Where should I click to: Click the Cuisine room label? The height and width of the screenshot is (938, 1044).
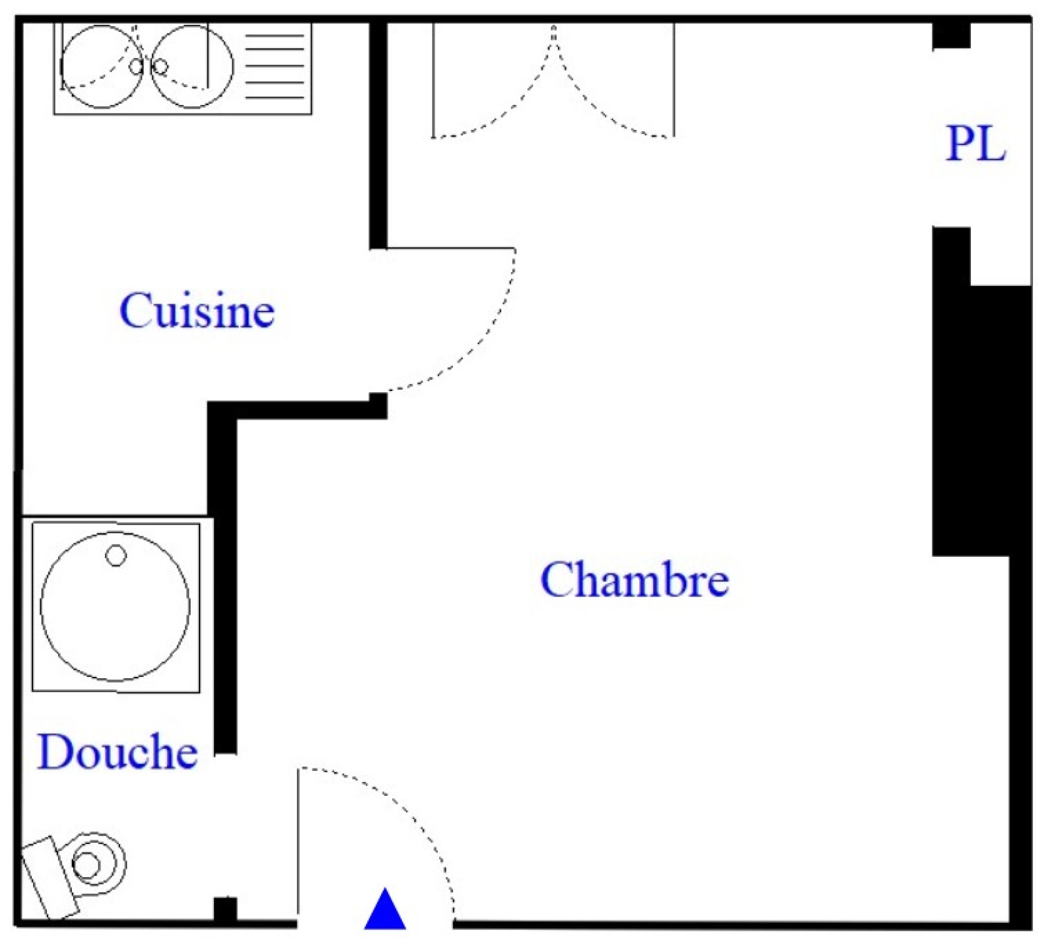(197, 311)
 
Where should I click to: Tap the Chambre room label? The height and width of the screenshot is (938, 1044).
(634, 580)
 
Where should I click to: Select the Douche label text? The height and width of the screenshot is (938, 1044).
(117, 752)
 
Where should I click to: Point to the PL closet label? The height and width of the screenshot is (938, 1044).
(976, 144)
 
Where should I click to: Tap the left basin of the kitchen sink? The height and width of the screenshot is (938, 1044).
(102, 67)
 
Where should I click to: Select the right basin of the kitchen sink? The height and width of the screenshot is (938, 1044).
(192, 67)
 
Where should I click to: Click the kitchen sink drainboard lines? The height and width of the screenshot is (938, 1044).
(275, 67)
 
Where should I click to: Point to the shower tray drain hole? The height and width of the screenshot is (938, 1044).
(116, 555)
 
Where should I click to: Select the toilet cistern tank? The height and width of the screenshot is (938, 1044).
(50, 877)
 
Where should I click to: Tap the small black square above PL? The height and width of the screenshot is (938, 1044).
(951, 35)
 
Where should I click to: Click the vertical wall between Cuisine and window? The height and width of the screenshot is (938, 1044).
(378, 136)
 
